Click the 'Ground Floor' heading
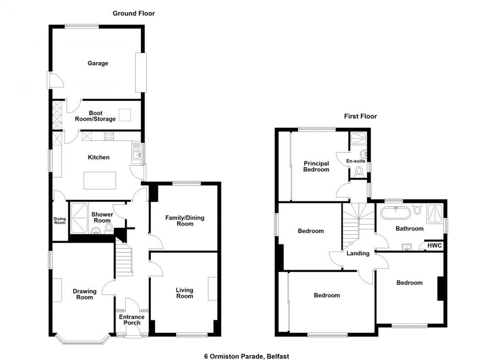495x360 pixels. (x=134, y=13)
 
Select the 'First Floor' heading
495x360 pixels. (x=360, y=116)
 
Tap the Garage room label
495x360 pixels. (x=98, y=63)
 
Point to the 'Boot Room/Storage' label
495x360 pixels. (x=95, y=116)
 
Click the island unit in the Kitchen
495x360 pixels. (x=100, y=180)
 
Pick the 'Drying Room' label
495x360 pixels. (x=59, y=221)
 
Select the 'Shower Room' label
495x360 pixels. (x=102, y=217)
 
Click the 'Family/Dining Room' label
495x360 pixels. (x=185, y=221)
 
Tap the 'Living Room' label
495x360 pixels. (x=184, y=293)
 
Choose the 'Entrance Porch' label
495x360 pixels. (x=132, y=320)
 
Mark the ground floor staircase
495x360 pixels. (x=124, y=261)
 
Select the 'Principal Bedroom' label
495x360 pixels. (x=316, y=166)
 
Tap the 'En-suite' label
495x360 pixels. (x=355, y=161)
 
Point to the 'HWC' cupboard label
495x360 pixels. (x=434, y=246)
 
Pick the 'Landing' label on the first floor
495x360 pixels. (x=358, y=253)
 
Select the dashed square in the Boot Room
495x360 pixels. (x=125, y=114)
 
